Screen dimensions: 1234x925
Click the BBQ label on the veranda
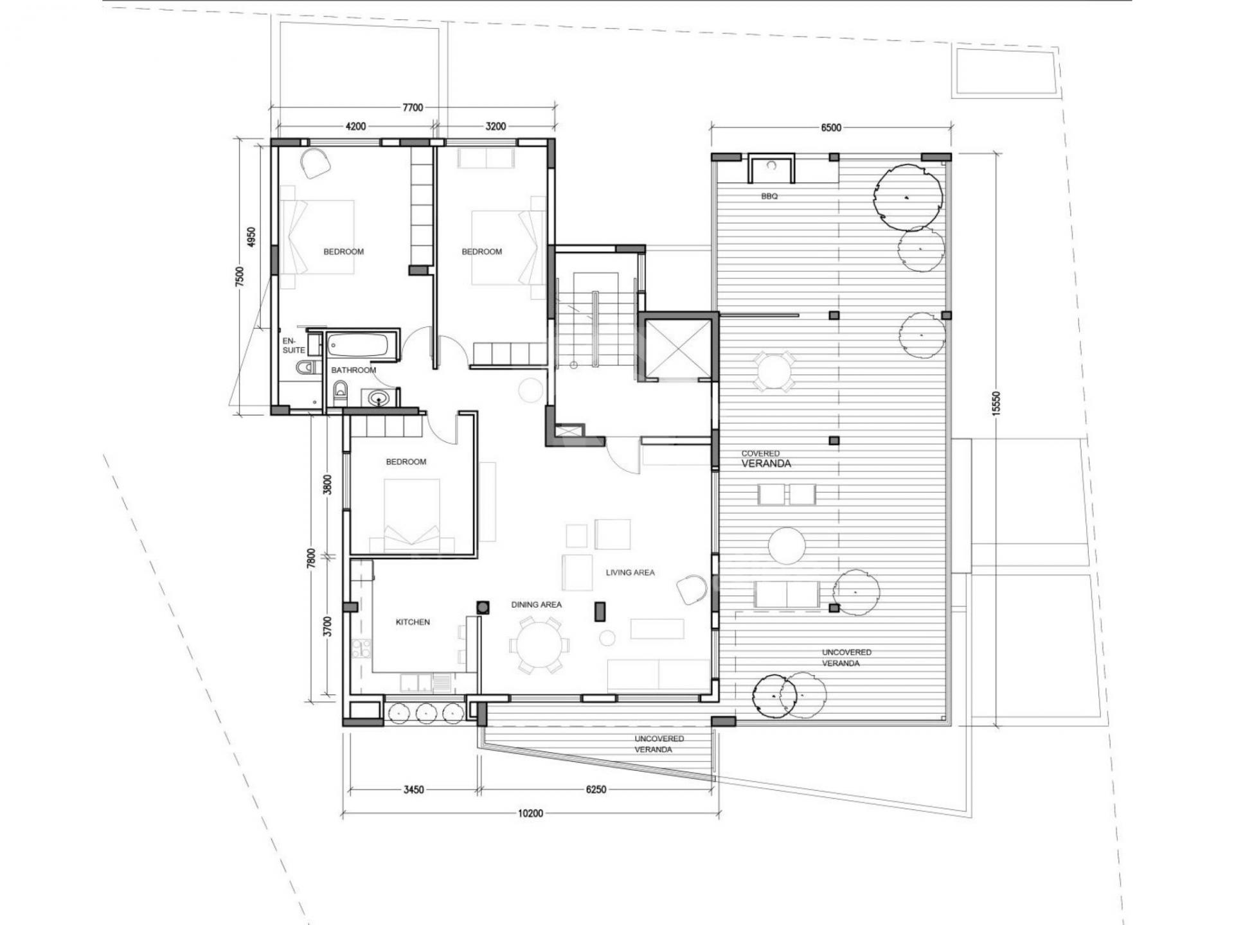pyautogui.click(x=769, y=197)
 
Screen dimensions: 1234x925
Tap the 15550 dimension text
pyautogui.click(x=997, y=404)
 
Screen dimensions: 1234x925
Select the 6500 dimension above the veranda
pyautogui.click(x=831, y=127)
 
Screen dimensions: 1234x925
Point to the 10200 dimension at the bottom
pyautogui.click(x=530, y=813)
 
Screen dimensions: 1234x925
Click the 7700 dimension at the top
pyautogui.click(x=413, y=107)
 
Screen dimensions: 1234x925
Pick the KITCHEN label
pyautogui.click(x=413, y=622)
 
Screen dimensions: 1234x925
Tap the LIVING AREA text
pyautogui.click(x=630, y=572)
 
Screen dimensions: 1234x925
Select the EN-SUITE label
pyautogui.click(x=294, y=346)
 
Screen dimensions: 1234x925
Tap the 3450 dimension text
pyautogui.click(x=413, y=789)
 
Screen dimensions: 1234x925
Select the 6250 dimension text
pyautogui.click(x=596, y=789)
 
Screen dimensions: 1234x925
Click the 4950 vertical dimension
pyautogui.click(x=251, y=237)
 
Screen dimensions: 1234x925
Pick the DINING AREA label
pyautogui.click(x=536, y=604)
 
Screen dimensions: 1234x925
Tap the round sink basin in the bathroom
pyautogui.click(x=380, y=400)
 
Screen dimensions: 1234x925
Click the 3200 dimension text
pyautogui.click(x=496, y=127)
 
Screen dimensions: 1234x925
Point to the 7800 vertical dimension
pyautogui.click(x=311, y=558)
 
